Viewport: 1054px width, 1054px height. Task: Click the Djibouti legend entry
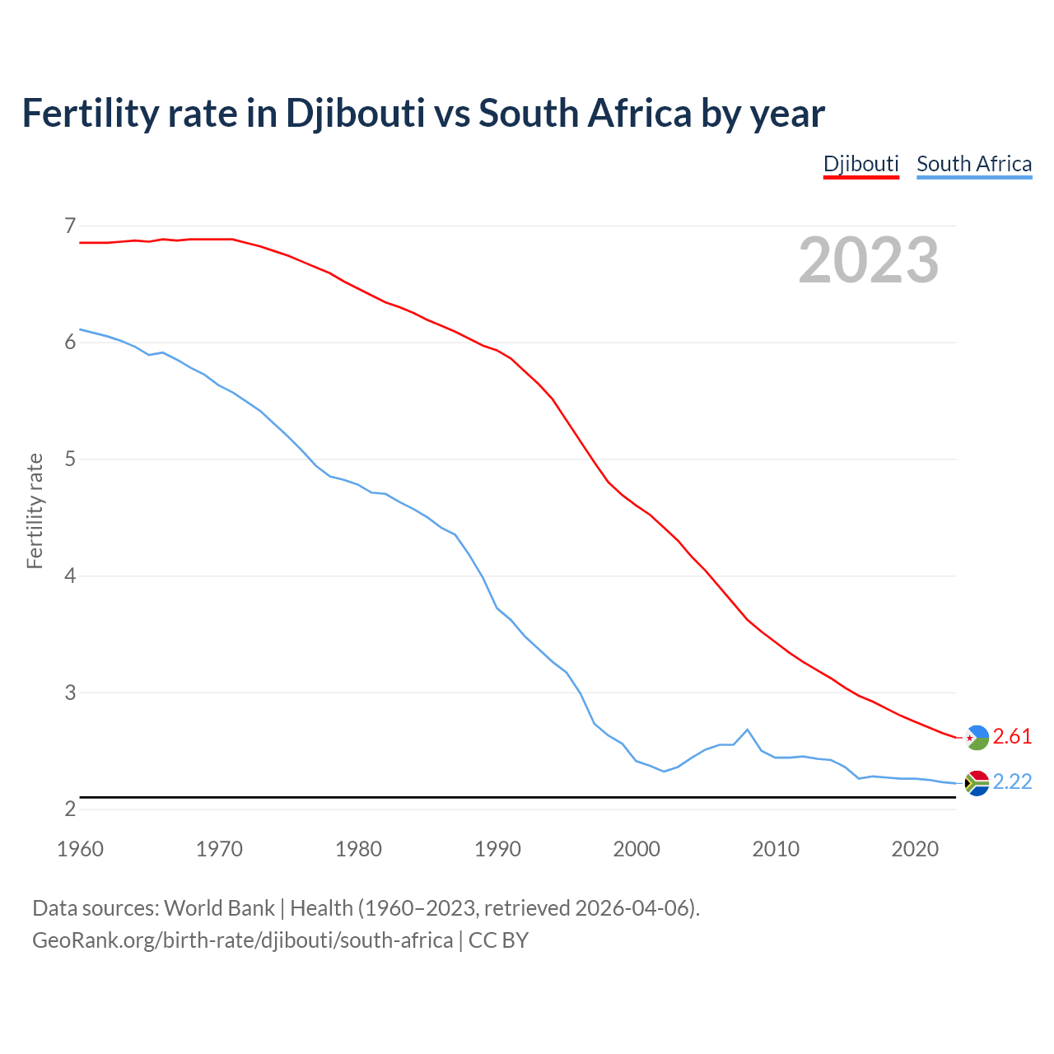860,164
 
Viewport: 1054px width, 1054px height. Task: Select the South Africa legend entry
974,164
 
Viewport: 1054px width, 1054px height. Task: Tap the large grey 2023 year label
869,260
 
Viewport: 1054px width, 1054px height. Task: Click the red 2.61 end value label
1012,736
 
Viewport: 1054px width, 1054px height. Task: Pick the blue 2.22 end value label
1012,781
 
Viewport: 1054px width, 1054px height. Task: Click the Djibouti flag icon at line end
977,737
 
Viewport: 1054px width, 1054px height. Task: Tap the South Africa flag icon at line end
977,782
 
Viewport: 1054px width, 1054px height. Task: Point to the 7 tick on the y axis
70,226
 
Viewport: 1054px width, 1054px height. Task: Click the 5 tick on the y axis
70,459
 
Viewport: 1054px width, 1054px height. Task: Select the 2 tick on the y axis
70,809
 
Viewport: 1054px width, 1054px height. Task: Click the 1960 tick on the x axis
80,849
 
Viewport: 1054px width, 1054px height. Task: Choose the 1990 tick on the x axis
497,849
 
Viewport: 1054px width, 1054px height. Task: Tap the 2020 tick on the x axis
915,849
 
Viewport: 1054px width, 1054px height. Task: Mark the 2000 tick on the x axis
637,849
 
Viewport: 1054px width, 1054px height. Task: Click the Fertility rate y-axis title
35,511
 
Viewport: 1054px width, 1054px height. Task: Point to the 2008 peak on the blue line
747,730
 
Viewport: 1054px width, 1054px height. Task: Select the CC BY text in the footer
498,940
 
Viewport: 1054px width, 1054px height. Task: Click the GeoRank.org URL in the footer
242,940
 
